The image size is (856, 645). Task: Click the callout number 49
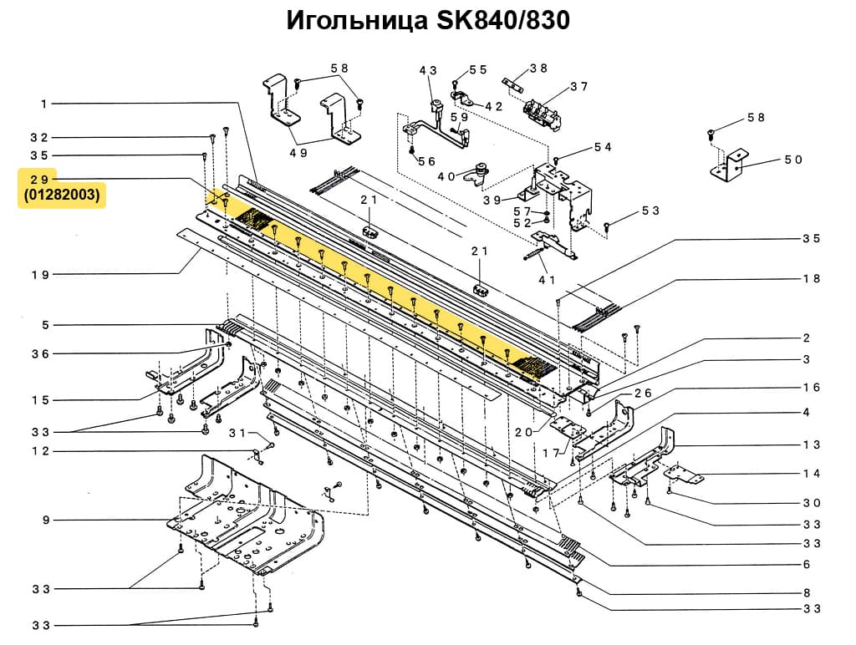coord(298,153)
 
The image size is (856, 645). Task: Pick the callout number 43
coord(428,71)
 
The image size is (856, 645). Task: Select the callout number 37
coord(578,87)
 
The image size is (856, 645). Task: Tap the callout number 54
coord(603,147)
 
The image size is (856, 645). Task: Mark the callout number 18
coord(812,279)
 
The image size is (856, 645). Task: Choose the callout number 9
coord(47,521)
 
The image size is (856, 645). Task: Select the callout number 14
coord(812,474)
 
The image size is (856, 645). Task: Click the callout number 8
coord(807,593)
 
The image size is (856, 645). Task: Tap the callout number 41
coord(548,280)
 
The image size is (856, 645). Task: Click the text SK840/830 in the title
coord(502,21)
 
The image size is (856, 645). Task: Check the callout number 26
coord(642,393)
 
